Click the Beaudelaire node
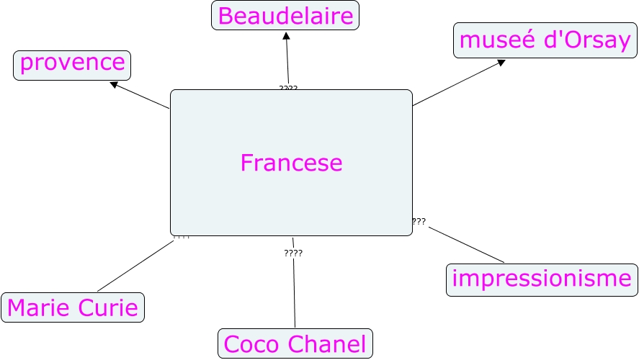(x=285, y=16)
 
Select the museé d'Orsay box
(x=545, y=40)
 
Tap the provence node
(x=72, y=64)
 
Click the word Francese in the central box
(x=291, y=163)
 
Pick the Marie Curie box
(x=73, y=308)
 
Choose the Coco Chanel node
(x=295, y=343)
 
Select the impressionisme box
(x=541, y=279)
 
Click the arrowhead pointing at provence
(x=114, y=84)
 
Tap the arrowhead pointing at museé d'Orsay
(x=501, y=63)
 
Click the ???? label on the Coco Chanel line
(x=293, y=253)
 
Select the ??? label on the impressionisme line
(x=419, y=222)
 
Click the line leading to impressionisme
(x=467, y=245)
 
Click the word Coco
(x=251, y=343)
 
